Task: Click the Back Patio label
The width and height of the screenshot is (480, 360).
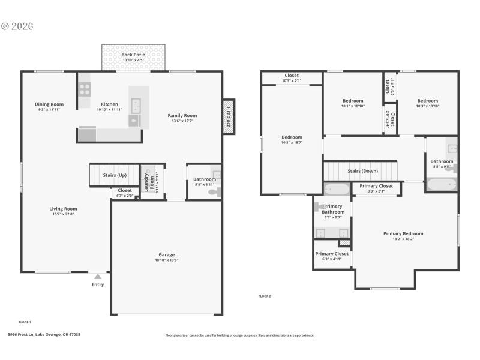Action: point(133,55)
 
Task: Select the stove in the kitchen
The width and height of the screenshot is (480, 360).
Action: point(85,89)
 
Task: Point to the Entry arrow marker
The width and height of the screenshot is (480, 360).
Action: point(97,277)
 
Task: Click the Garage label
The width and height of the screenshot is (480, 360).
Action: point(166,254)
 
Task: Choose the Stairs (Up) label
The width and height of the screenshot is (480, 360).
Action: point(114,175)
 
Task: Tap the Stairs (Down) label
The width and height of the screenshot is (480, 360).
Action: point(362,171)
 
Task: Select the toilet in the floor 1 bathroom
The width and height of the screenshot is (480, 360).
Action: point(217,192)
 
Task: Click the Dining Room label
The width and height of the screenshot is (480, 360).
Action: point(49,104)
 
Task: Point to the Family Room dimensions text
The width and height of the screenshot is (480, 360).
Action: point(182,121)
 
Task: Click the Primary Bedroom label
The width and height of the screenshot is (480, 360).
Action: point(403,233)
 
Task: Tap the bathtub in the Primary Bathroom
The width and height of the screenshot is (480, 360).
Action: point(337,190)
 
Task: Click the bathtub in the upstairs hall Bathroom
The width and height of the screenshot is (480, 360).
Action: point(441,185)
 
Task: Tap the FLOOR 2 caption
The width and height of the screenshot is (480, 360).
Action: point(265,296)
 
